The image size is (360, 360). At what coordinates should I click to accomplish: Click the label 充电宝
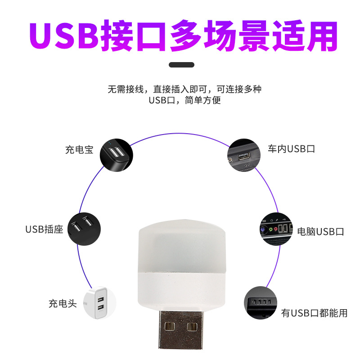click(79, 150)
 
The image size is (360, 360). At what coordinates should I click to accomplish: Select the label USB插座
click(44, 229)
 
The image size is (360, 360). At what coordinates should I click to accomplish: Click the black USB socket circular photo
click(84, 229)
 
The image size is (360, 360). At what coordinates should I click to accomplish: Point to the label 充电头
click(63, 303)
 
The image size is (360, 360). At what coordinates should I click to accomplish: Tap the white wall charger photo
click(99, 304)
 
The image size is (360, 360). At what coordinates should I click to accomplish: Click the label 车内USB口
click(291, 149)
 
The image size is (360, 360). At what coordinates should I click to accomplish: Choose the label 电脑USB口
click(321, 232)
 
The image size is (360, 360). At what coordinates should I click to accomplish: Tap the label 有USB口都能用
click(315, 313)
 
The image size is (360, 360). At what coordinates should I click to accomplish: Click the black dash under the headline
click(181, 65)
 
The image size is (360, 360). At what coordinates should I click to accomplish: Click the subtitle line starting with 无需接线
click(184, 89)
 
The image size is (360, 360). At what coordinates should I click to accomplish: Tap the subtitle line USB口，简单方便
click(184, 100)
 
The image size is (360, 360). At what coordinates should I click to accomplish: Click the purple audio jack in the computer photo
click(263, 229)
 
